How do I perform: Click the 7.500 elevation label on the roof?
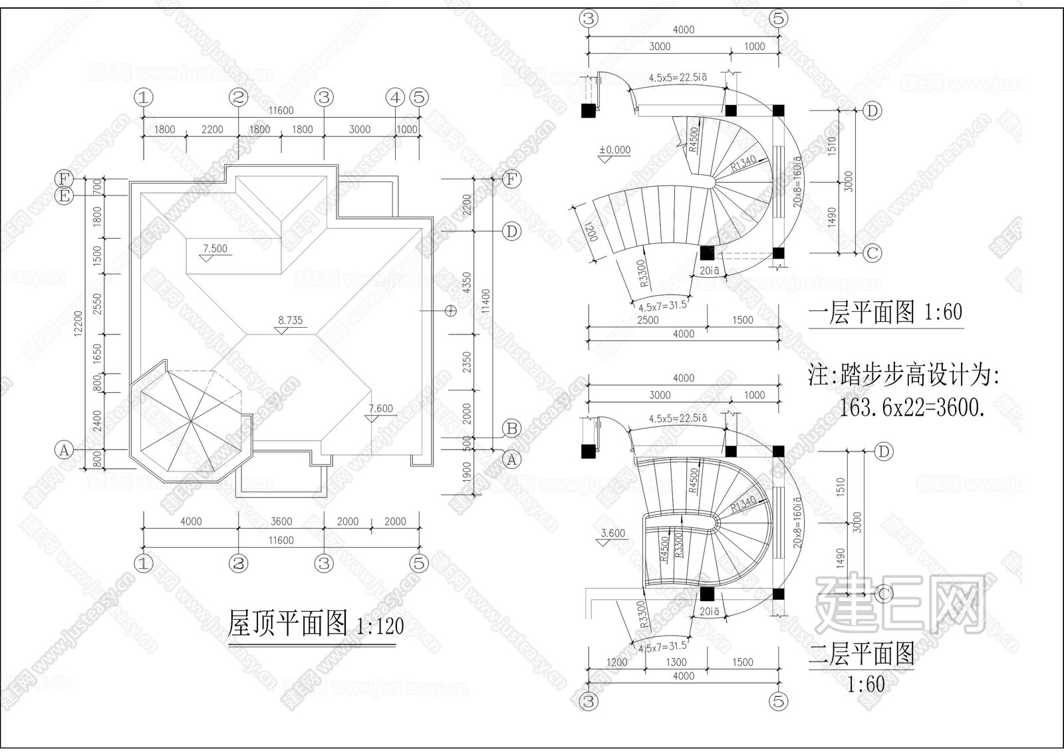[215, 249]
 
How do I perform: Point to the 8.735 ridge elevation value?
[290, 320]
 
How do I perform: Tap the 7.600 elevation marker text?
[380, 408]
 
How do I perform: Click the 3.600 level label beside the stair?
[612, 533]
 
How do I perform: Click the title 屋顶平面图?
[287, 624]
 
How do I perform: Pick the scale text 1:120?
[380, 626]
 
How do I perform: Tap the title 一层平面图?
[862, 312]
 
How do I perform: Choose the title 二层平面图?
[862, 654]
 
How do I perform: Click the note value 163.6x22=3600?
[912, 408]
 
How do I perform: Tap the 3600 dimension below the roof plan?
[281, 522]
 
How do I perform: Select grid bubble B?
[511, 428]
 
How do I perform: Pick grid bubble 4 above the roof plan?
[396, 98]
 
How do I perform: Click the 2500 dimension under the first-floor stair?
[647, 320]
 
